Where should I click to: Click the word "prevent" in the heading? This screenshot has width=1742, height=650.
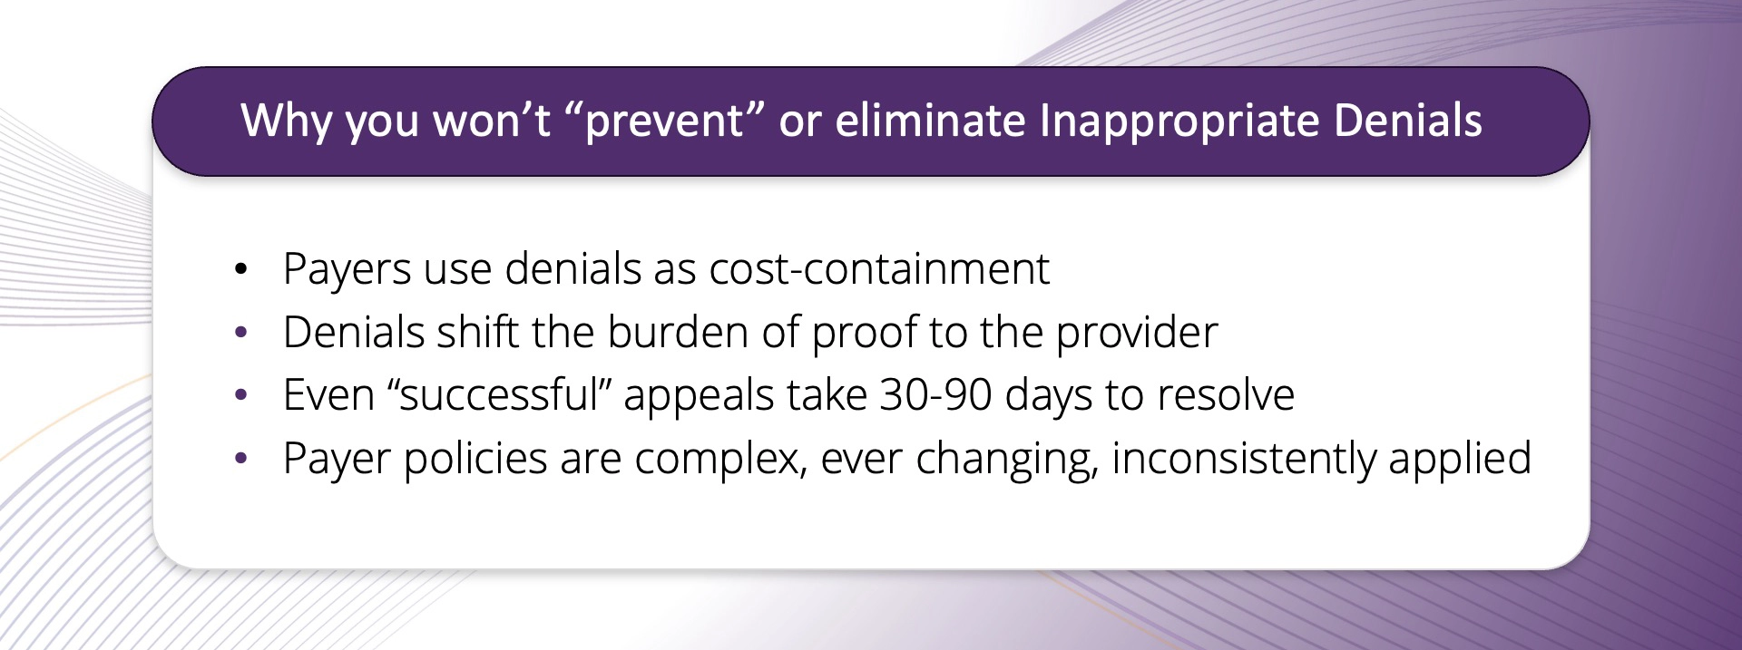(665, 121)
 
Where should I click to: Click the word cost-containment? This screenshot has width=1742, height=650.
(878, 269)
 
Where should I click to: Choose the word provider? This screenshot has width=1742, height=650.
(1137, 333)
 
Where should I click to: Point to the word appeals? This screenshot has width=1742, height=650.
(699, 395)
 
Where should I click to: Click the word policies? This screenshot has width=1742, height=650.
(475, 458)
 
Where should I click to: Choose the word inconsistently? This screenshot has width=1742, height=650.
(1243, 458)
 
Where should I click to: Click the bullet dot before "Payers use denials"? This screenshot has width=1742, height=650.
(240, 270)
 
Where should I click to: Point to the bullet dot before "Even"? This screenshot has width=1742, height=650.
(240, 396)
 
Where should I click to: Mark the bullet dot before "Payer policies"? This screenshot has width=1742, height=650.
(240, 459)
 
